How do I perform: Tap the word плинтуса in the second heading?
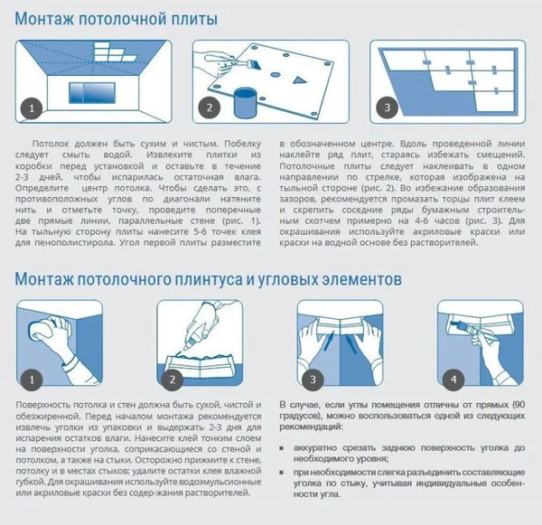207,280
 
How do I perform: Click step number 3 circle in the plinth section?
313,377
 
